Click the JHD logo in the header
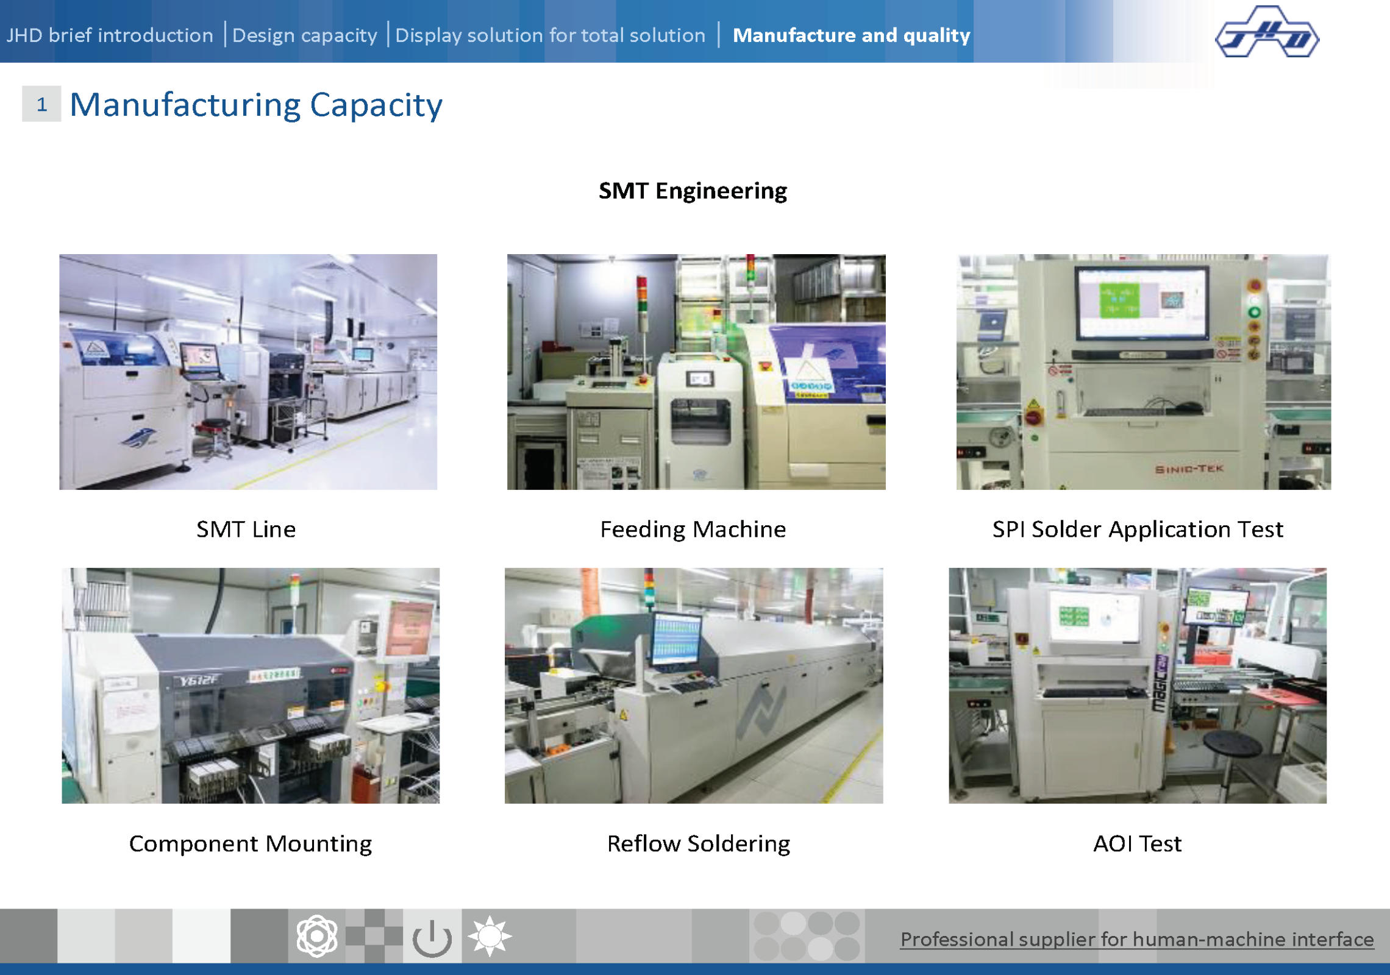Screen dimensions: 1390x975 [x=1267, y=32]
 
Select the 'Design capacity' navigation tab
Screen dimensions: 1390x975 [x=305, y=35]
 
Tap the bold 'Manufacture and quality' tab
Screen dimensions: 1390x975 [x=851, y=35]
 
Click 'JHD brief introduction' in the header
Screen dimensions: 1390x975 [x=110, y=35]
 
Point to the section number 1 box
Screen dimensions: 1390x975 [x=41, y=104]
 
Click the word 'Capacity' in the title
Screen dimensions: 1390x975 [x=376, y=105]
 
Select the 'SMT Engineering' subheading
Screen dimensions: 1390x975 [x=693, y=191]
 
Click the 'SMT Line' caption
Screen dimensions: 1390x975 [x=246, y=529]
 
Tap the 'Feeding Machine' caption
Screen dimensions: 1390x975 [x=693, y=530]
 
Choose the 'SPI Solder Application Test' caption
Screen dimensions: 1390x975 [x=1138, y=530]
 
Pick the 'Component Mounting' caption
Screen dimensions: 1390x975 [x=251, y=844]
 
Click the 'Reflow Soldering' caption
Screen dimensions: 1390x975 [x=699, y=844]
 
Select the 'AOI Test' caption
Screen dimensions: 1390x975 [x=1138, y=844]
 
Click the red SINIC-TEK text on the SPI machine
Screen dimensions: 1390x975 [x=1189, y=469]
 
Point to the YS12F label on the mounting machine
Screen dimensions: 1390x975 [x=198, y=680]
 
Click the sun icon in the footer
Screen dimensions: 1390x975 [x=490, y=936]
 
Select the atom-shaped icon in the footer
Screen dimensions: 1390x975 [x=317, y=936]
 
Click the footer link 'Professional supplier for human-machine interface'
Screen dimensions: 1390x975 [x=1137, y=940]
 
